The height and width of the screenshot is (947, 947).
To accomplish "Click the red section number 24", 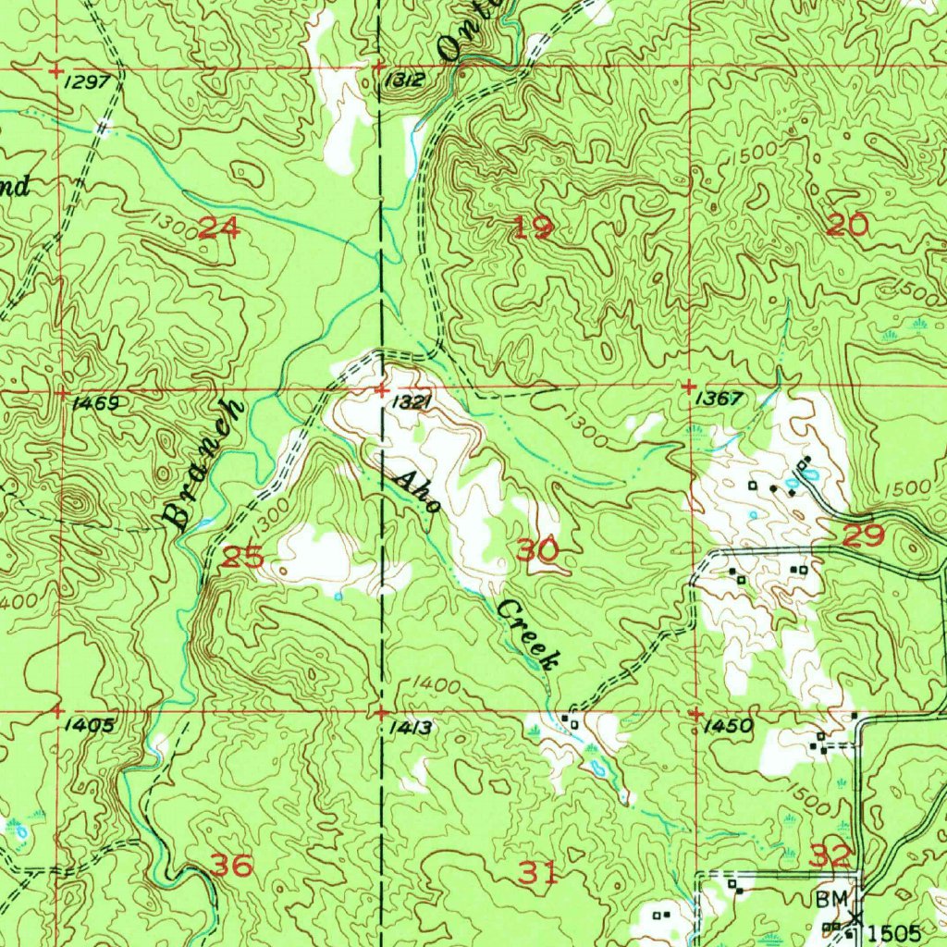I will pos(219,227).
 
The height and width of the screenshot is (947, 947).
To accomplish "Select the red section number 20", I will pos(847,224).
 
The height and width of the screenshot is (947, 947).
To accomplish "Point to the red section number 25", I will pos(244,558).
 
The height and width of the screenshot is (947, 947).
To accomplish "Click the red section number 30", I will pos(537,550).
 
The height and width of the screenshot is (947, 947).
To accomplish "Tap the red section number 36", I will pos(232,866).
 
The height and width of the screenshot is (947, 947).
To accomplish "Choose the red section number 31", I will pos(538,871).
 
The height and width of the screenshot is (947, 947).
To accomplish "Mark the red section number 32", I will pos(830,856).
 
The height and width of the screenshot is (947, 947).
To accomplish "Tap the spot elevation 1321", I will pos(411,402).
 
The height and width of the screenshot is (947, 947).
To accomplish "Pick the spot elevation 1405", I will pos(91,726).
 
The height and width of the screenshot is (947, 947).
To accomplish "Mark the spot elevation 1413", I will pos(410,728).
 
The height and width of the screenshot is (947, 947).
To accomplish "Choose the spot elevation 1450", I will pos(728,727).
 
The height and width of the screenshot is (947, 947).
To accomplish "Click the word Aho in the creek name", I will pos(416,498).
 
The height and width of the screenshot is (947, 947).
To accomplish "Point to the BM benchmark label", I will pos(829,899).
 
